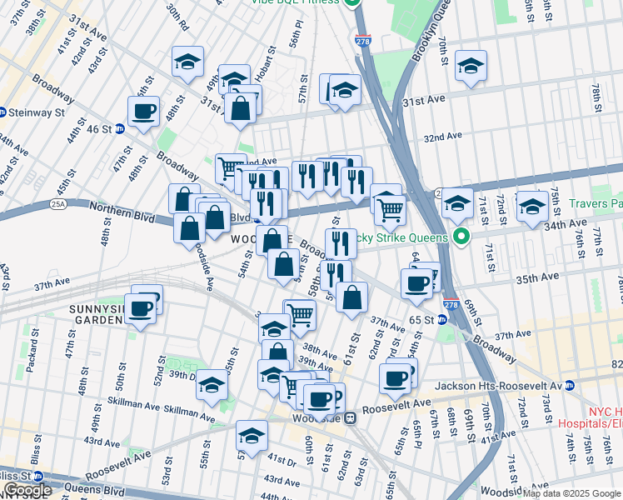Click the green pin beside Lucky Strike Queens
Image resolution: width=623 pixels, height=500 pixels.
(458, 237)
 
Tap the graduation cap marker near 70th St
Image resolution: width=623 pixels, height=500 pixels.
(471, 67)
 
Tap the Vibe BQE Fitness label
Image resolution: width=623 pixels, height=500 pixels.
(297, 2)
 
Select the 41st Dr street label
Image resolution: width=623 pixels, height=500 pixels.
(282, 460)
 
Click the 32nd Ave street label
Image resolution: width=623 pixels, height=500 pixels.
(442, 137)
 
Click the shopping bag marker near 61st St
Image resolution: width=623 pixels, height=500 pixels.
(351, 297)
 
